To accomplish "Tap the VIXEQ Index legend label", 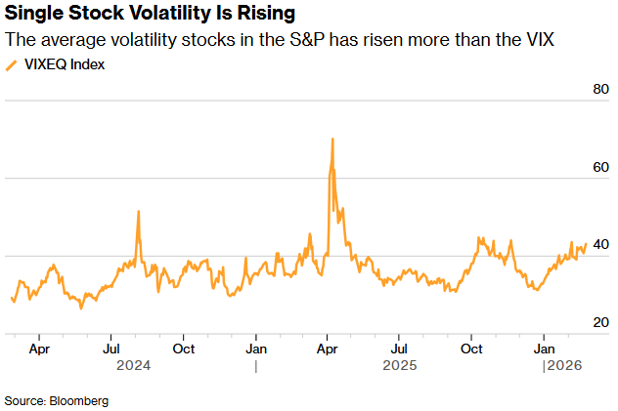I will click(64, 64).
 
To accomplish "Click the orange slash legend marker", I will click(12, 64).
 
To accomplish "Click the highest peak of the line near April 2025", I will click(332, 139).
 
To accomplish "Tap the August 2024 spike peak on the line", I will click(139, 211).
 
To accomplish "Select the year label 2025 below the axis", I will click(400, 366).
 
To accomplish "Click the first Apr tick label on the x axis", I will click(39, 348).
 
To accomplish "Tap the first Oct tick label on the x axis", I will click(183, 348).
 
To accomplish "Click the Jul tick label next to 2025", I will click(399, 348).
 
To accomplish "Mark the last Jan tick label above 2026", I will click(544, 348).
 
